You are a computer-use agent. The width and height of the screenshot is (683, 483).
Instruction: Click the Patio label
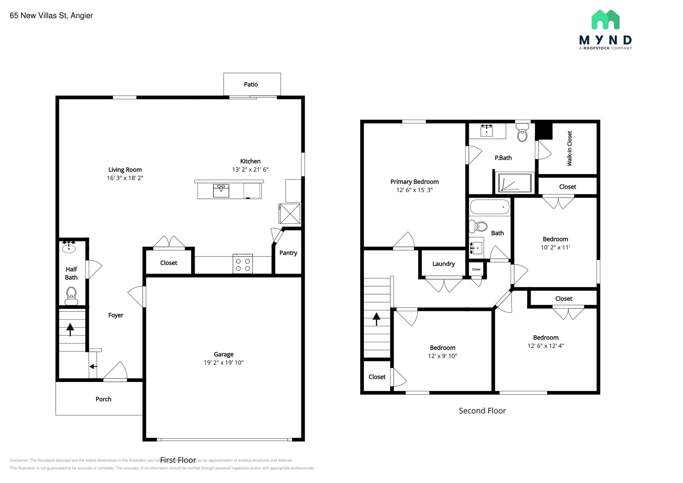[251, 84]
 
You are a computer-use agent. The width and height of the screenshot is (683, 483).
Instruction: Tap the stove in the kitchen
[242, 264]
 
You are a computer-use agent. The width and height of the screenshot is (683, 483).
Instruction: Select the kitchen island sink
[221, 191]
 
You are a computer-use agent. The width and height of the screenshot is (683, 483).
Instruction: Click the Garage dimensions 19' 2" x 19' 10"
[223, 363]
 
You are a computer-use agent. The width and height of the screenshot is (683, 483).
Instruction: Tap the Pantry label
[288, 253]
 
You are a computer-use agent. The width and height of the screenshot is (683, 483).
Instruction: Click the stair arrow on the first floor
[70, 329]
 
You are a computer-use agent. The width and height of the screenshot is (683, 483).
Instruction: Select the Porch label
[103, 399]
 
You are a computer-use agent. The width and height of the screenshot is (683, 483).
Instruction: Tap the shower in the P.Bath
[515, 183]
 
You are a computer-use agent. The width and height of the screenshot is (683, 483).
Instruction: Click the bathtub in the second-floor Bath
[490, 207]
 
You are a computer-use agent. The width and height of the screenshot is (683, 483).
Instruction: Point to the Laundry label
[443, 264]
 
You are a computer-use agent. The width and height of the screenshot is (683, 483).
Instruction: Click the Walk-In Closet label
[570, 148]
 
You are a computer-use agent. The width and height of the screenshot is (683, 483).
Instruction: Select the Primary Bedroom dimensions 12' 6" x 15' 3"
[414, 190]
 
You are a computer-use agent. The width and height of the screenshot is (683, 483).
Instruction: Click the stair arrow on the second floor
[377, 319]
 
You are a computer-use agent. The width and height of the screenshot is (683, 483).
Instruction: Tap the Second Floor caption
[482, 411]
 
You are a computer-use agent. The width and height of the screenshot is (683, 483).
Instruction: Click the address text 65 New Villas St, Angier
[51, 16]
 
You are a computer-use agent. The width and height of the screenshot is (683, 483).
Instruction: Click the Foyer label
[116, 315]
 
